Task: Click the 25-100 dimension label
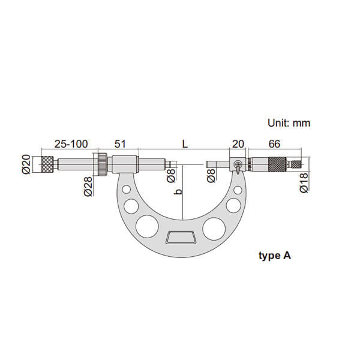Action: click(x=71, y=144)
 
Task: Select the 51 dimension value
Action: click(x=121, y=144)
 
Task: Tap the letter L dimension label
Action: click(x=185, y=144)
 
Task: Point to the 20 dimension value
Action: click(x=238, y=144)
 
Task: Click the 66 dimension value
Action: click(x=274, y=144)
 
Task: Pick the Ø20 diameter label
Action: click(x=26, y=164)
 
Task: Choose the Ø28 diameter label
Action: click(x=88, y=186)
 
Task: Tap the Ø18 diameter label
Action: click(x=304, y=183)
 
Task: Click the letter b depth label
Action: click(x=178, y=191)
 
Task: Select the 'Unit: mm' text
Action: click(x=289, y=123)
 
